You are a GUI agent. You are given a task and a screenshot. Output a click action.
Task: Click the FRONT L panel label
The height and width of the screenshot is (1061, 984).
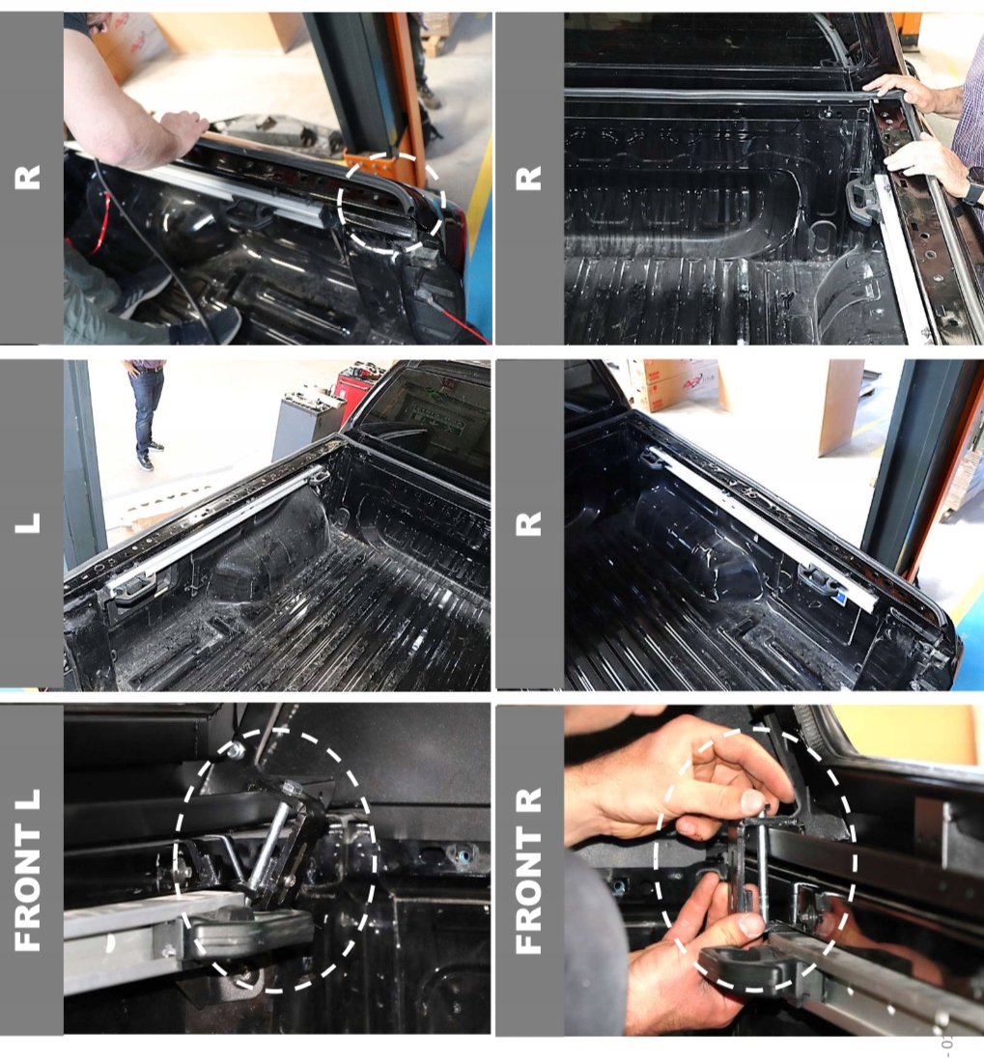tap(28, 871)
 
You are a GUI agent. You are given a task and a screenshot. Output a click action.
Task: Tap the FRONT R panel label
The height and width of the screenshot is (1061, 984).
tap(528, 871)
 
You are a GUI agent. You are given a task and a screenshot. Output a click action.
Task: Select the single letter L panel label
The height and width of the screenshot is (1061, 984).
tap(28, 522)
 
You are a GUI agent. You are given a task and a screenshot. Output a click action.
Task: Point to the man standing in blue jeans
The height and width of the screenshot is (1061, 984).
tap(147, 414)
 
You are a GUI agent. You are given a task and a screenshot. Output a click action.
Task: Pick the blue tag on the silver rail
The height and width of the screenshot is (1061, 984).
tap(839, 597)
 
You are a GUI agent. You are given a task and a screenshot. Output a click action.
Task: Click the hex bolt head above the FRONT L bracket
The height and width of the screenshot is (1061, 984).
tap(237, 750)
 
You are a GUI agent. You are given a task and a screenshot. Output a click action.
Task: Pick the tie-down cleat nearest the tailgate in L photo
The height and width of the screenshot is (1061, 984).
tap(134, 586)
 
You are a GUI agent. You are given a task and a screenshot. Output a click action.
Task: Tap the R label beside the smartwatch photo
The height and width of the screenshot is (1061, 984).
tap(528, 178)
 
